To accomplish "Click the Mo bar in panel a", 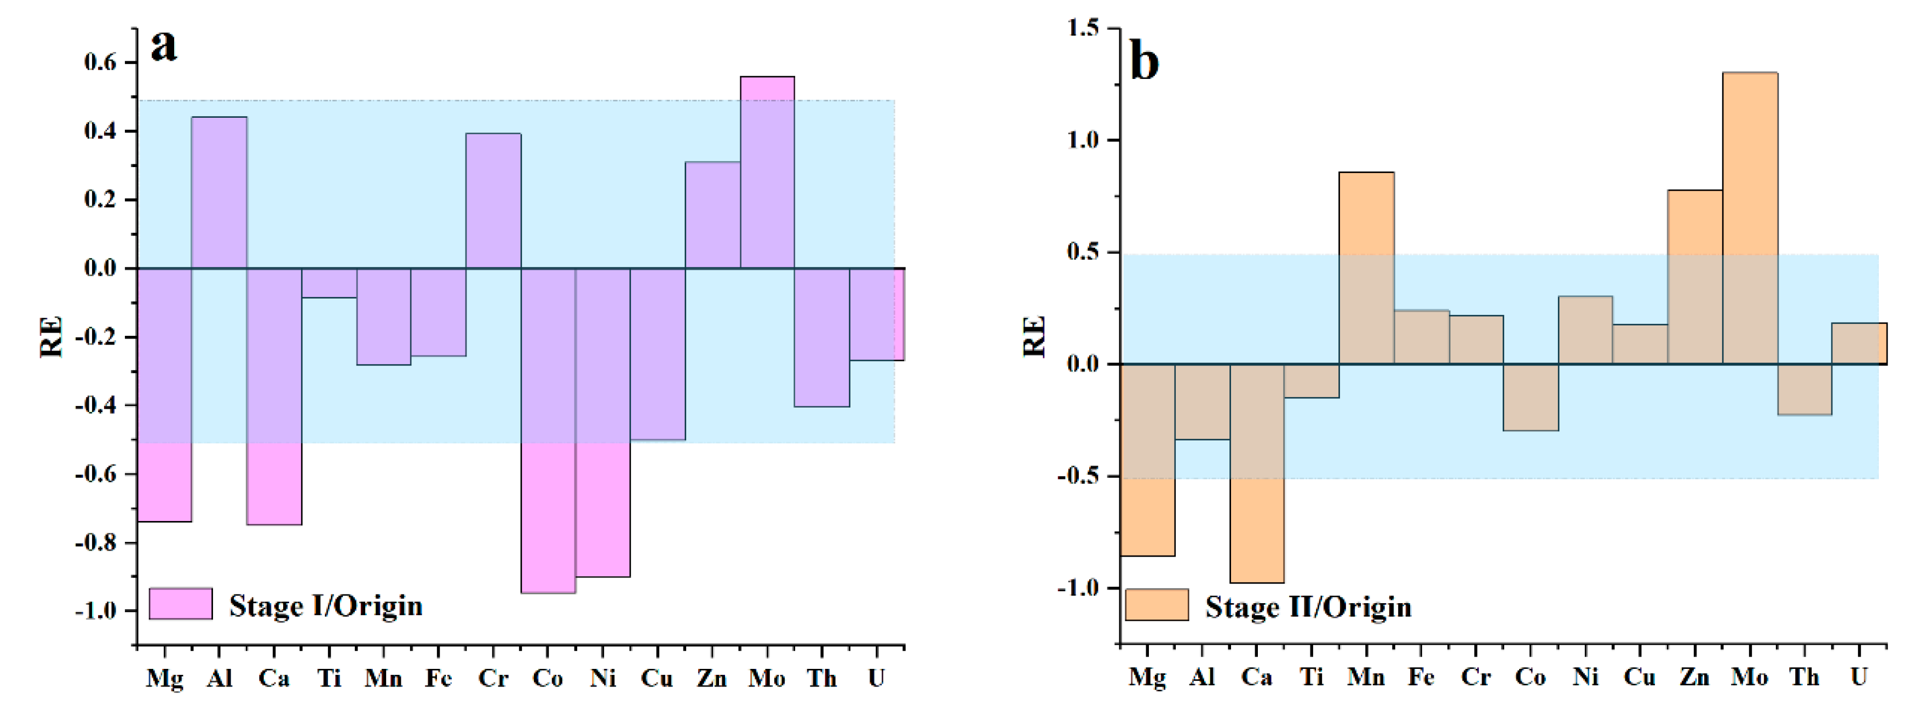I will (x=767, y=173).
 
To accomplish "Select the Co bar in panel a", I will (x=548, y=430).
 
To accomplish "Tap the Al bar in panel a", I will (x=219, y=192).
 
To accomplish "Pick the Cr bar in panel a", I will (x=493, y=201).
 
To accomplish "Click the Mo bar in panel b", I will (x=1749, y=217).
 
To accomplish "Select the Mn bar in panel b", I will (x=1366, y=268).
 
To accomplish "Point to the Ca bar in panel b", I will (x=1256, y=473).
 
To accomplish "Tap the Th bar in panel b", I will (x=1804, y=389).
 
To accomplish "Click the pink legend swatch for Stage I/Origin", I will (x=180, y=603).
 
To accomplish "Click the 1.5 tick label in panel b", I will (x=1082, y=28).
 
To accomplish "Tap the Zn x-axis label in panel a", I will (x=711, y=678).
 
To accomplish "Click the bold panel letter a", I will (x=164, y=47).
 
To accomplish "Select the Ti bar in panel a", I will (x=329, y=283).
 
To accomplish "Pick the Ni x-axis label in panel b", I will (x=1585, y=677).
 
